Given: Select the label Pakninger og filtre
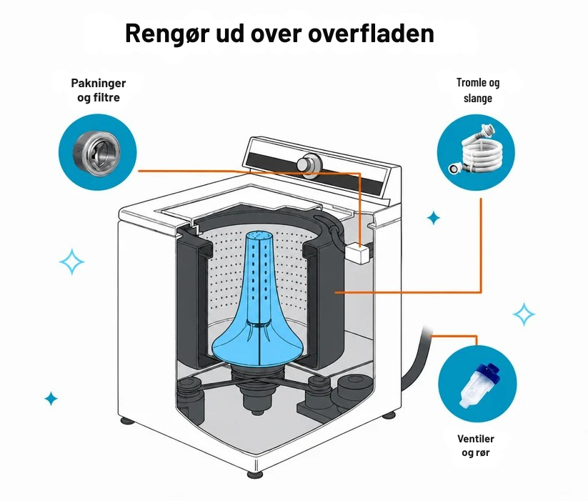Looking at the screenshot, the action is pyautogui.click(x=99, y=90).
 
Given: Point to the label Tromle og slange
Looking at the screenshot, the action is pyautogui.click(x=478, y=90).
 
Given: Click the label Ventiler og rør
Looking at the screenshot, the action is pyautogui.click(x=476, y=445).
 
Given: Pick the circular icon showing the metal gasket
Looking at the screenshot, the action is pyautogui.click(x=97, y=153).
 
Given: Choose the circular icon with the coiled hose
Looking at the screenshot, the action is pyautogui.click(x=477, y=153).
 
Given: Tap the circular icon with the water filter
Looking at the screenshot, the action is pyautogui.click(x=477, y=384).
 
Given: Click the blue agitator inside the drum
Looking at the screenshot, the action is pyautogui.click(x=259, y=300).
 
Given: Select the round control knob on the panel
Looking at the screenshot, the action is pyautogui.click(x=309, y=164).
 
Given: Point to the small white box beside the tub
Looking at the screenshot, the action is pyautogui.click(x=359, y=254).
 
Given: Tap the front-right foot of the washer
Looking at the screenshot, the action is pyautogui.click(x=389, y=415).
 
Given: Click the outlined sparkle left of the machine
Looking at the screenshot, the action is pyautogui.click(x=71, y=262).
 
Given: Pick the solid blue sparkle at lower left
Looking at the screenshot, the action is pyautogui.click(x=51, y=398).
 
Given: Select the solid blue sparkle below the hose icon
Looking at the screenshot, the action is pyautogui.click(x=434, y=218).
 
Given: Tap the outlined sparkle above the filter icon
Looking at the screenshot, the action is pyautogui.click(x=524, y=314).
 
